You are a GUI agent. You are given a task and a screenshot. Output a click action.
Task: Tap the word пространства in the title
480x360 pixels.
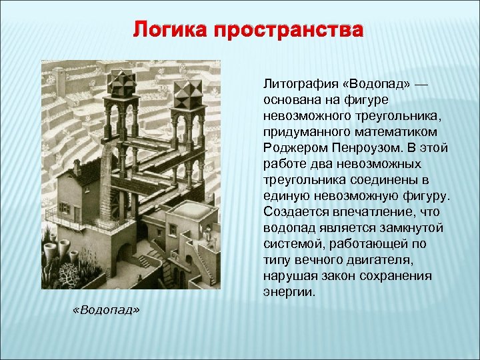289,31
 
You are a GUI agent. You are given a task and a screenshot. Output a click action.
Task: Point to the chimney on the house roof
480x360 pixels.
77,168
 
